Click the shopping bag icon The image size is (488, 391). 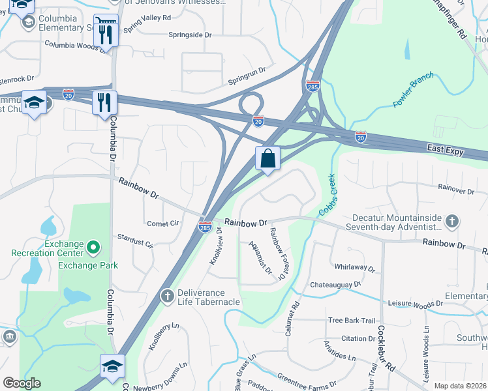point(267,158)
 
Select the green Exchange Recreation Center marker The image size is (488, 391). point(93,246)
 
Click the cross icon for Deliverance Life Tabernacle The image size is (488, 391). point(167,296)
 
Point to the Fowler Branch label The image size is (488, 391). point(413,94)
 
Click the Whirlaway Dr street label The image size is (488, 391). point(355,268)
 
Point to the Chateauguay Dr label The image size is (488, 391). point(335,285)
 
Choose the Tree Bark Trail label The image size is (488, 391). point(352,320)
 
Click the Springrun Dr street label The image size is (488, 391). point(247,76)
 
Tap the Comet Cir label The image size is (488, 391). point(162,223)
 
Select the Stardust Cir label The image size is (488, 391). point(134,241)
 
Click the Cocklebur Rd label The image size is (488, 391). point(387,349)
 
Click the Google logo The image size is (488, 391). point(22,383)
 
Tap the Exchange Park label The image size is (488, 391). point(88,265)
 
